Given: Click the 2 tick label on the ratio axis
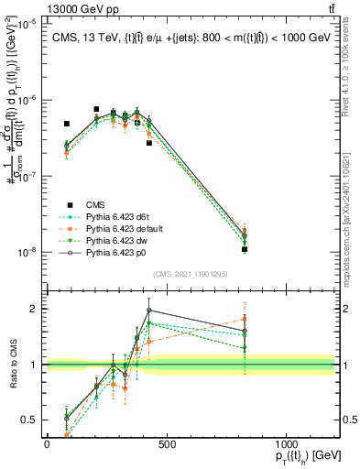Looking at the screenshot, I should coord(36,309).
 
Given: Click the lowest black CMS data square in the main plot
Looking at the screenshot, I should coord(245,249).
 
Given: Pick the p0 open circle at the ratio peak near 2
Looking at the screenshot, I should coord(149,311).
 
